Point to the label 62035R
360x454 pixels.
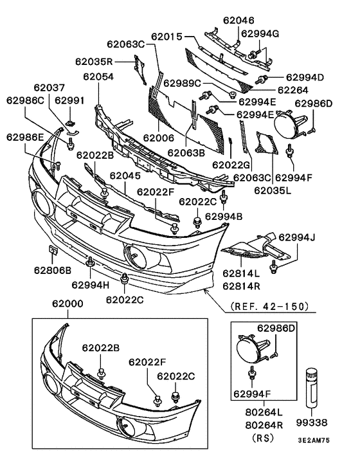tap(94, 62)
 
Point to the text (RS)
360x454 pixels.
tap(260, 438)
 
